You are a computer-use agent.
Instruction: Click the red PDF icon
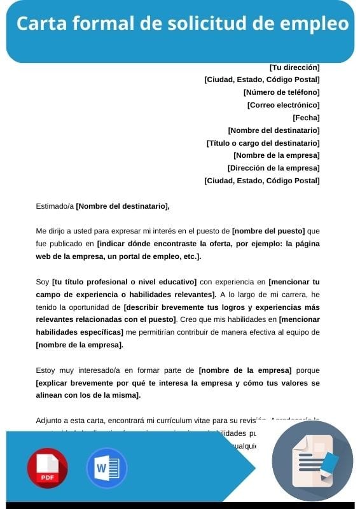[x=47, y=468]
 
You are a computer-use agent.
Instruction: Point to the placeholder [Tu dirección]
[x=294, y=67]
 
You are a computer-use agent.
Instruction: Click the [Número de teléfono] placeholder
[x=281, y=92]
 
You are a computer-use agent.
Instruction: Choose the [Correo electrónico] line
[x=283, y=105]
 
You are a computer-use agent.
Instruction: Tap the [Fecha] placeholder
[x=306, y=118]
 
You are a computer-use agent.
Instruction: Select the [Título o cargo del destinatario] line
[x=263, y=143]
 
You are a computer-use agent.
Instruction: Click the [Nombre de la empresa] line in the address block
[x=276, y=155]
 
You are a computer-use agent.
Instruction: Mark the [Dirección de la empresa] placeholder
[x=273, y=168]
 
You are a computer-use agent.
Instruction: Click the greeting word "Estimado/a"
[x=55, y=206]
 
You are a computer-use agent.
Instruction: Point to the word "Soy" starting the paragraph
[x=43, y=281]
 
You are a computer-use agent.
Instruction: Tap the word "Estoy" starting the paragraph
[x=46, y=370]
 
